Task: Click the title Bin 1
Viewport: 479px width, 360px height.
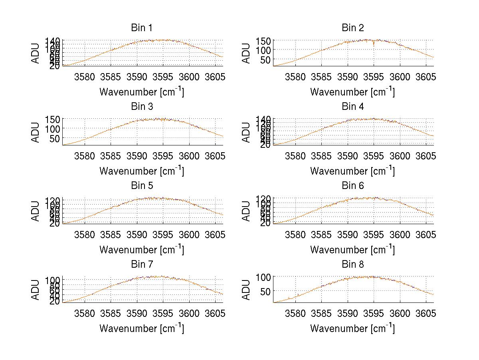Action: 141,28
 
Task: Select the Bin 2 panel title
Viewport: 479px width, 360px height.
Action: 353,28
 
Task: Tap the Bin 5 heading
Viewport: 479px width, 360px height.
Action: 141,186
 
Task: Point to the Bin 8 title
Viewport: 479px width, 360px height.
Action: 353,265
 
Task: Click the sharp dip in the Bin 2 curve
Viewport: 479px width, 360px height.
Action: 374,45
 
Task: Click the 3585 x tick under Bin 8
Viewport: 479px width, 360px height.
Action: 321,313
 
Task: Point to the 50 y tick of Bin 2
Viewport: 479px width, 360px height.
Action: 266,60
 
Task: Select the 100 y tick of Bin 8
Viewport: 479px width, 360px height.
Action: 263,277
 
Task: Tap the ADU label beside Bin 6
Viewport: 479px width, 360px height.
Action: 247,211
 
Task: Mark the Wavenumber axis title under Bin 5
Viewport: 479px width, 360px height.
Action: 141,250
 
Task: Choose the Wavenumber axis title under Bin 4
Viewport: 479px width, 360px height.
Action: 353,171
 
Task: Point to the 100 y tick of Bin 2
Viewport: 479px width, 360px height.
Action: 263,50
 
